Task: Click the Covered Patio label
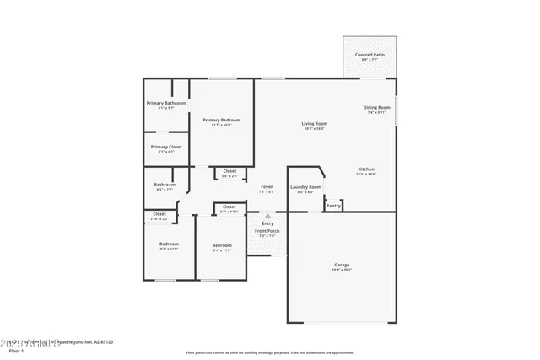369,55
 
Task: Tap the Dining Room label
376,107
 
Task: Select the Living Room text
315,124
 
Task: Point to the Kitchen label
365,169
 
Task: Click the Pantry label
333,206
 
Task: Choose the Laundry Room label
305,187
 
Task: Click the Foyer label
266,187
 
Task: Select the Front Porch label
267,231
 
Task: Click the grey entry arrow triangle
267,216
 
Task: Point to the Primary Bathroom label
165,104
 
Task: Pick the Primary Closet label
166,147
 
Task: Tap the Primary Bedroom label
221,121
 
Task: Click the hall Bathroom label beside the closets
165,185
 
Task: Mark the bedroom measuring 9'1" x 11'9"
221,246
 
